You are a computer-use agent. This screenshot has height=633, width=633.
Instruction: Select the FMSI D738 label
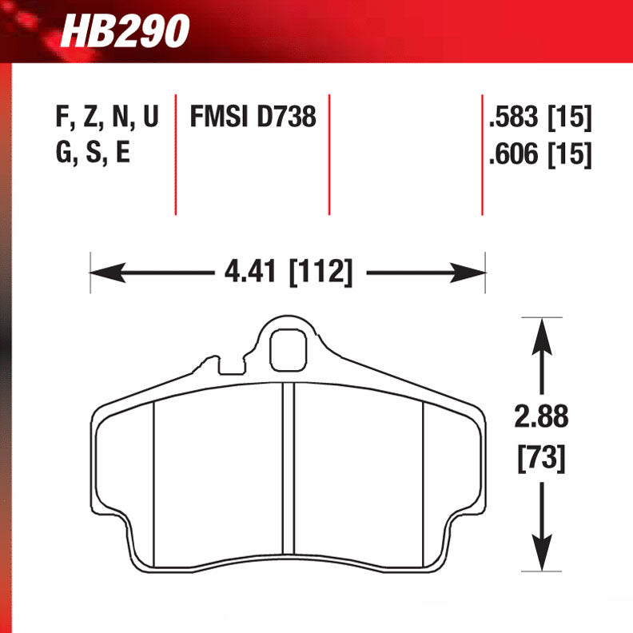pyautogui.click(x=253, y=118)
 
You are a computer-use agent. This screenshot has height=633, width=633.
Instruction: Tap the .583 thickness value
pyautogui.click(x=513, y=118)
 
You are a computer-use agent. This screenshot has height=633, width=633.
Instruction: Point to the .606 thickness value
pyautogui.click(x=513, y=153)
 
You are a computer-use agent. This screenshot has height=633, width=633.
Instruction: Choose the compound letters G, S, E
pyautogui.click(x=93, y=153)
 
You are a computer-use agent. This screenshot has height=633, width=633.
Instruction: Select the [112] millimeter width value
pyautogui.click(x=320, y=272)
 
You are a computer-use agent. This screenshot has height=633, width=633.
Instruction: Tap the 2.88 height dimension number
pyautogui.click(x=543, y=418)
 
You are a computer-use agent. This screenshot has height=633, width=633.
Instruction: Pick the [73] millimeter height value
pyautogui.click(x=543, y=458)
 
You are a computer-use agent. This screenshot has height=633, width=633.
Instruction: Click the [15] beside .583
pyautogui.click(x=569, y=118)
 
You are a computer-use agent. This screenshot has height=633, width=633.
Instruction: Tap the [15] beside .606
pyautogui.click(x=569, y=153)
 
